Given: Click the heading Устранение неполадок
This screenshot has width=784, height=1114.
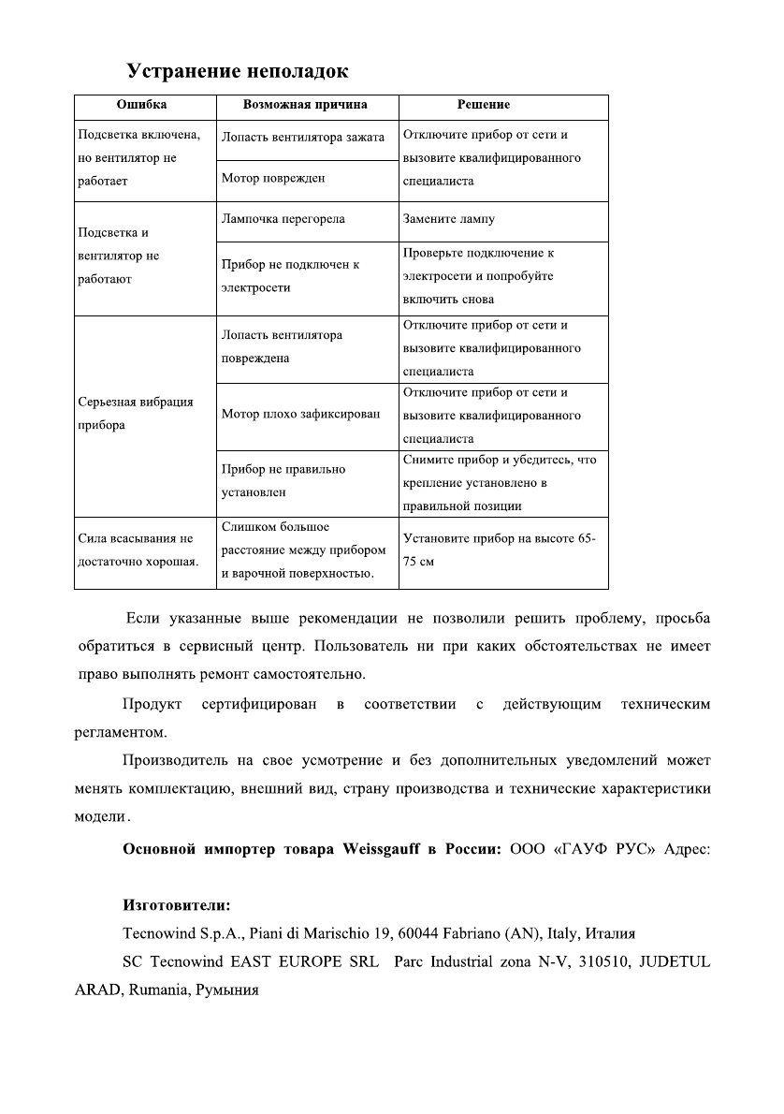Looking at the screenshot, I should [238, 71].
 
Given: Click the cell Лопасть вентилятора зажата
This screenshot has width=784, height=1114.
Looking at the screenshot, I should [303, 137].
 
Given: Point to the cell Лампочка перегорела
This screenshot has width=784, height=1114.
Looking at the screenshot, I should [283, 219].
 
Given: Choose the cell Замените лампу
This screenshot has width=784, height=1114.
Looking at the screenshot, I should [449, 219].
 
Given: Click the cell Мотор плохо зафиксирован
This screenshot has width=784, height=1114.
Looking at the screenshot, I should [301, 414].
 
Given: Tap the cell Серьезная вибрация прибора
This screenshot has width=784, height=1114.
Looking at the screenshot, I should [136, 413].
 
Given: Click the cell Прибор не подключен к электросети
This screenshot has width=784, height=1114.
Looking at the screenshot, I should [290, 276].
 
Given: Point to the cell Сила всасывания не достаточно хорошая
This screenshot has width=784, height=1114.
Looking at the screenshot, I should [138, 550].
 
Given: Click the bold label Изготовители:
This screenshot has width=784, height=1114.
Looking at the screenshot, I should [177, 906].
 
